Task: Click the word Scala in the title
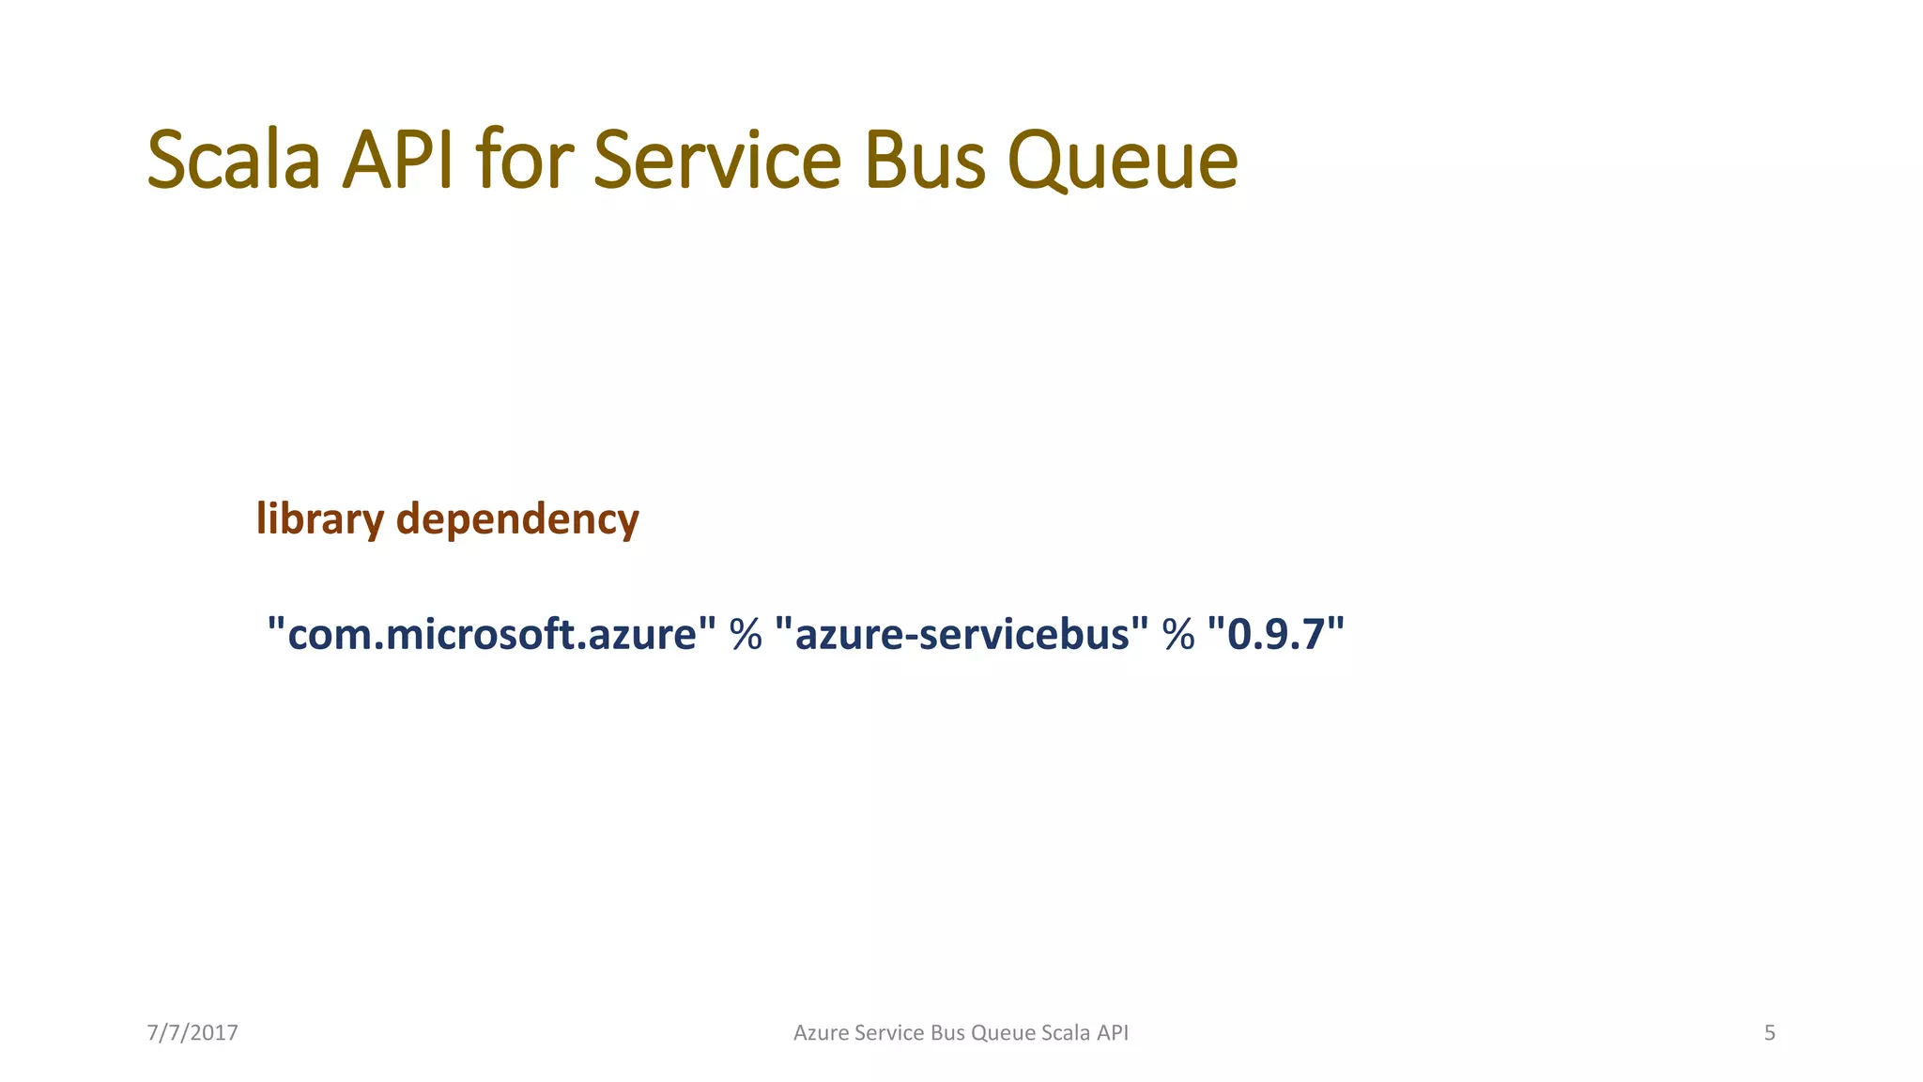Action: tap(234, 160)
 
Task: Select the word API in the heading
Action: tap(398, 160)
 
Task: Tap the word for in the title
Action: tap(524, 160)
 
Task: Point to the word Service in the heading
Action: tap(717, 160)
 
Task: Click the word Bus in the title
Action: tap(924, 160)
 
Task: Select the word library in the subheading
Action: tap(320, 518)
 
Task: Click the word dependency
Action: tap(517, 518)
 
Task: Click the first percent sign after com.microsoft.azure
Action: tap(746, 635)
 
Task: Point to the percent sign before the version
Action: tap(1178, 635)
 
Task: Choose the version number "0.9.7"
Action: tap(1275, 634)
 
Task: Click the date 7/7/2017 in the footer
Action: tap(192, 1033)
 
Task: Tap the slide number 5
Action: tap(1769, 1033)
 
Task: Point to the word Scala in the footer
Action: tap(1066, 1033)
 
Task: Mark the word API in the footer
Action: tap(1113, 1033)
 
